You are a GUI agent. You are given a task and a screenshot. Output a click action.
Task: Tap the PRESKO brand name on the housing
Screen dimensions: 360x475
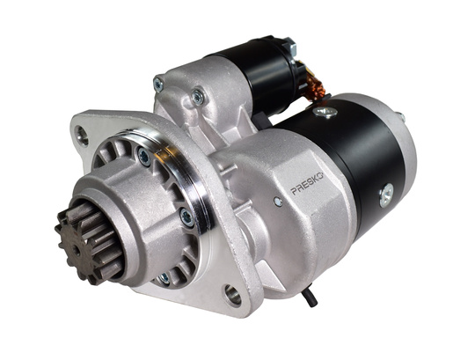(x=307, y=187)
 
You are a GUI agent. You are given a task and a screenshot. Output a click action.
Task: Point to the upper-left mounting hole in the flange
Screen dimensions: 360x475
(x=82, y=134)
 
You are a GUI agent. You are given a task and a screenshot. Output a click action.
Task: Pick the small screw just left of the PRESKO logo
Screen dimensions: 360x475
(x=278, y=202)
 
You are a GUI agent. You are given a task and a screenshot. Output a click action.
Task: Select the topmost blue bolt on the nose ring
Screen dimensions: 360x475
(x=144, y=157)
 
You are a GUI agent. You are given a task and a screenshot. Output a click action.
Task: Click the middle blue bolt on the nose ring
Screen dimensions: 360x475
(x=186, y=216)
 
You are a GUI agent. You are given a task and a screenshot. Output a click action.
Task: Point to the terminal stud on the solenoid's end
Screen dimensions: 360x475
(x=288, y=47)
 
